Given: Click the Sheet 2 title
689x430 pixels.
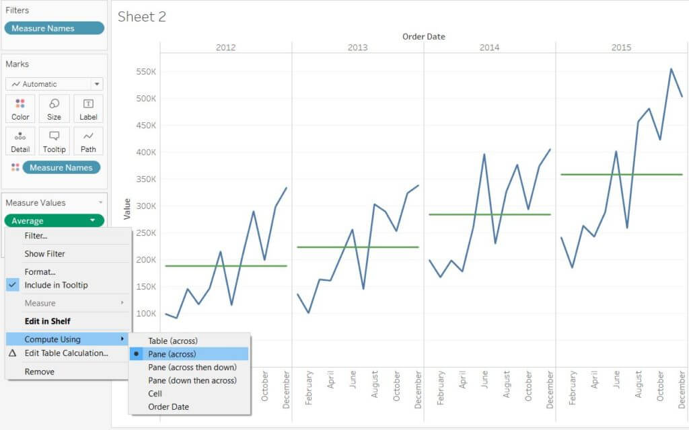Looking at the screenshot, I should pos(142,17).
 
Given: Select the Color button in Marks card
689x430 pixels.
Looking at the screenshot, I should pos(21,108).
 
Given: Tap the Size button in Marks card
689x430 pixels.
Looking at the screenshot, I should pos(54,108).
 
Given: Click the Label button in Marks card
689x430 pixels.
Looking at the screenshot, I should pos(88,108).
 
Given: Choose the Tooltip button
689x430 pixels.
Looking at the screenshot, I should pos(54,141).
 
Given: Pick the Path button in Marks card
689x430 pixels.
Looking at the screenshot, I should pos(88,141).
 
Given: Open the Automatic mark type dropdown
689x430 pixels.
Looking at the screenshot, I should pos(54,84).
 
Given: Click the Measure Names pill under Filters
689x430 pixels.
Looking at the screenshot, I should pos(54,28).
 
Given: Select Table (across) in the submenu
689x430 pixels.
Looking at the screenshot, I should pos(173,341).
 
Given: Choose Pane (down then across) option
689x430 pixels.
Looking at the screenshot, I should pos(192,380).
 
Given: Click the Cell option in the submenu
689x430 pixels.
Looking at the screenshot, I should pos(155,394).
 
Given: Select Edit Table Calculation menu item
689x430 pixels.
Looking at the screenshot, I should pos(66,353).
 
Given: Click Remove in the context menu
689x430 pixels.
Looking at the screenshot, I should pos(39,372).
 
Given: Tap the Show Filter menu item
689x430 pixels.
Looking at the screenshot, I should pos(44,254).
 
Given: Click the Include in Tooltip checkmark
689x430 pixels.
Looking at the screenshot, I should pos(13,285).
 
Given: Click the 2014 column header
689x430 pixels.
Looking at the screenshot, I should pos(489,47).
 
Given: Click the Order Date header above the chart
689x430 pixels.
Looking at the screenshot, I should pos(423,36).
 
